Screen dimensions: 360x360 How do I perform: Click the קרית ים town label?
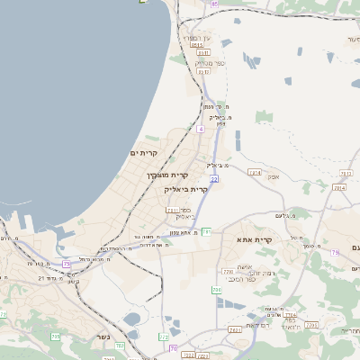pyautogui.click(x=145, y=154)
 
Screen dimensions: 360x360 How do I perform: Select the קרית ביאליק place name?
pyautogui.click(x=185, y=190)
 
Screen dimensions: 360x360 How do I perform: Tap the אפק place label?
pyautogui.click(x=273, y=176)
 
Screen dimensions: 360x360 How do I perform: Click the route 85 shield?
pyautogui.click(x=214, y=4)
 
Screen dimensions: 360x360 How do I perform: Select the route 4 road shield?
pyautogui.click(x=201, y=130)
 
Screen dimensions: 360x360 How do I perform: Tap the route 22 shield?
pyautogui.click(x=215, y=179)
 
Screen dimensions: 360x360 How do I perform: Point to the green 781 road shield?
pyautogui.click(x=206, y=232)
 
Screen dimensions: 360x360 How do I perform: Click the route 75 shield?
pyautogui.click(x=67, y=264)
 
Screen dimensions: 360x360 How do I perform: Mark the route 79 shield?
pyautogui.click(x=335, y=253)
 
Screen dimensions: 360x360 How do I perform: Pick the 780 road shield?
pyautogui.click(x=217, y=289)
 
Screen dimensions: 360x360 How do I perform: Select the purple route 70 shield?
pyautogui.click(x=173, y=347)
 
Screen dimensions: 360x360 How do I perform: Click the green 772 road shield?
pyautogui.click(x=164, y=337)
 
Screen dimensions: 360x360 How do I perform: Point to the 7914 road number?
pyautogui.click(x=255, y=172)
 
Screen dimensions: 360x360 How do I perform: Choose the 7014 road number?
pyautogui.click(x=339, y=187)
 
